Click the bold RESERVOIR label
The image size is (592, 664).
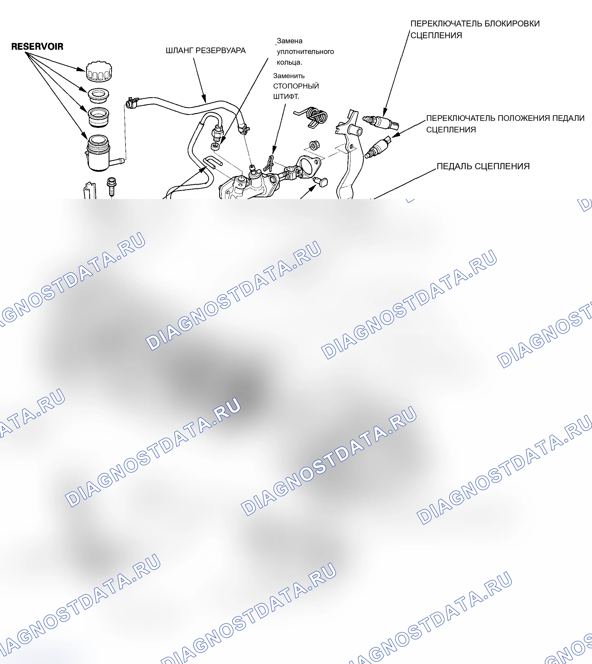pos(37,46)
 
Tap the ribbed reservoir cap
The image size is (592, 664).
pos(99,71)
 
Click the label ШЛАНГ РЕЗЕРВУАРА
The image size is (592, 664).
pos(206,51)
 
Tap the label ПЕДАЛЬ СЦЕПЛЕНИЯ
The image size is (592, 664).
pos(483,166)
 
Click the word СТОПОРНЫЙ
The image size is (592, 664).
pos(296,86)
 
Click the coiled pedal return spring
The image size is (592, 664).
pos(312,117)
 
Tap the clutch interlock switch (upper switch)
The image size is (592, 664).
pos(381,122)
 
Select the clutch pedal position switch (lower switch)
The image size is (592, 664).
pos(378,147)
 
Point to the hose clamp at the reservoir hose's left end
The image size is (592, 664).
pos(132,103)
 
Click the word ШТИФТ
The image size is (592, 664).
pos(286,96)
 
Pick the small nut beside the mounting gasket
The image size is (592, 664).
pos(314,145)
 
